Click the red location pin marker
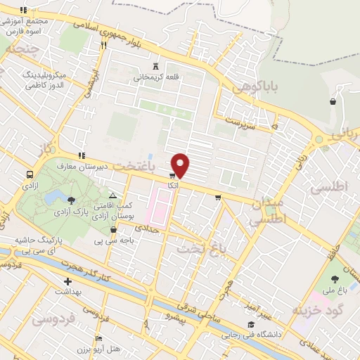click(181, 165)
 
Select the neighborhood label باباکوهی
click(256, 87)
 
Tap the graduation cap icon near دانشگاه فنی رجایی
click(250, 324)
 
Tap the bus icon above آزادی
click(30, 174)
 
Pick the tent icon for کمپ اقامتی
click(112, 195)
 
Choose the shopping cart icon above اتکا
click(172, 175)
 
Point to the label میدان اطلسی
click(266, 210)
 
